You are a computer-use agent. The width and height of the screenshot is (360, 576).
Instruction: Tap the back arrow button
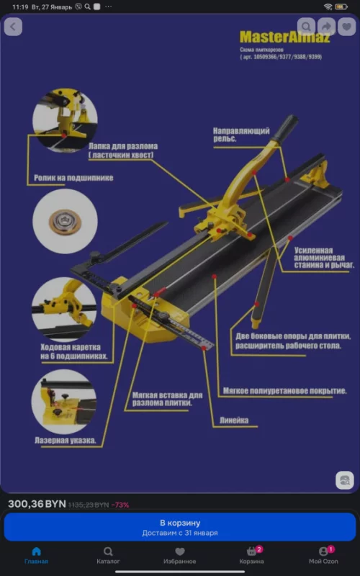pyautogui.click(x=14, y=27)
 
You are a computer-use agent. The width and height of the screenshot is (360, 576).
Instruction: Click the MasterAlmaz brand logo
pyautogui.click(x=284, y=37)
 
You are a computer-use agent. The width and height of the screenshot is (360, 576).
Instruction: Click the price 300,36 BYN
pyautogui.click(x=37, y=505)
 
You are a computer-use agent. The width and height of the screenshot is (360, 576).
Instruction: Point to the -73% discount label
pyautogui.click(x=120, y=505)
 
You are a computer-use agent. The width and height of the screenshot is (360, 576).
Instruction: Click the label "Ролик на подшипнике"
pyautogui.click(x=73, y=176)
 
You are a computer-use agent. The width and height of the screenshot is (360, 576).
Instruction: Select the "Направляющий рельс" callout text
pyautogui.click(x=241, y=135)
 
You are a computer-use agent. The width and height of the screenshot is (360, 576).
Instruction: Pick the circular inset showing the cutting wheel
pyautogui.click(x=65, y=221)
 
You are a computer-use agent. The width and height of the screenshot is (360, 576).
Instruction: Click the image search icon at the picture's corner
pyautogui.click(x=345, y=480)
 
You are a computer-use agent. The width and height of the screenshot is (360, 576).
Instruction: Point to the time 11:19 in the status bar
pyautogui.click(x=20, y=6)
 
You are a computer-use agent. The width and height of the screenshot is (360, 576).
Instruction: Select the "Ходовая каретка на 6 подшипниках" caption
pyautogui.click(x=73, y=351)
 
